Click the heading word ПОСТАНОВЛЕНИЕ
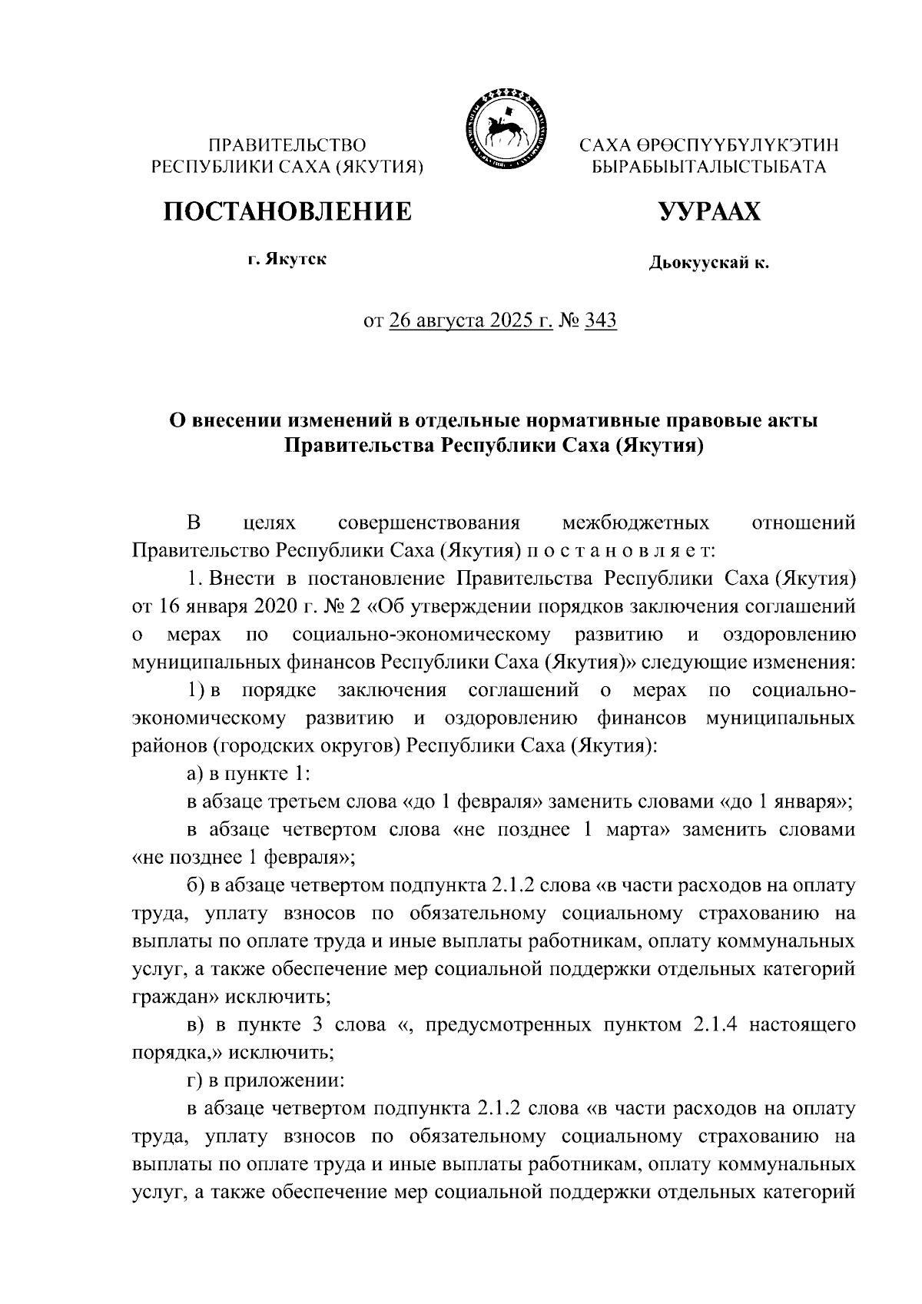[287, 211]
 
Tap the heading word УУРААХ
[709, 211]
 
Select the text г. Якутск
[287, 260]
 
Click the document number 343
[601, 320]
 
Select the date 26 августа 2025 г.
[471, 320]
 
